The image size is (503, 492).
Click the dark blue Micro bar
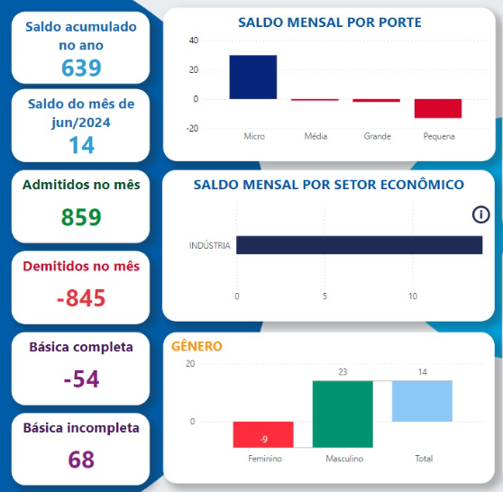252,77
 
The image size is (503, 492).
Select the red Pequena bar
438,108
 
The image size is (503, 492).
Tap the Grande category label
377,136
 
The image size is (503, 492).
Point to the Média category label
316,136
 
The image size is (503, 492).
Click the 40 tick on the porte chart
194,41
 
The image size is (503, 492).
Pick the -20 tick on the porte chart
192,129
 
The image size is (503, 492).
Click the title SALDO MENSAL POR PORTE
330,23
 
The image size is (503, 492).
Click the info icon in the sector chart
480,214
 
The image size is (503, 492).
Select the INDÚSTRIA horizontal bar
360,245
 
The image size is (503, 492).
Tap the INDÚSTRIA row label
210,245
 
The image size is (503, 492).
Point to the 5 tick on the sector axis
325,296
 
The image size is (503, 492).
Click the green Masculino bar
343,415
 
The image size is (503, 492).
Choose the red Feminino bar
263,434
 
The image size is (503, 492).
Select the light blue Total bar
422,401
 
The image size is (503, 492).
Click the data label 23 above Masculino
343,372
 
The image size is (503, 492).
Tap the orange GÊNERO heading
197,346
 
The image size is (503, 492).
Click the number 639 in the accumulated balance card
81,68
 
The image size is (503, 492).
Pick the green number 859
81,217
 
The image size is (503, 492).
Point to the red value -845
81,298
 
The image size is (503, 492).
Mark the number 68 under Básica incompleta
81,460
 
